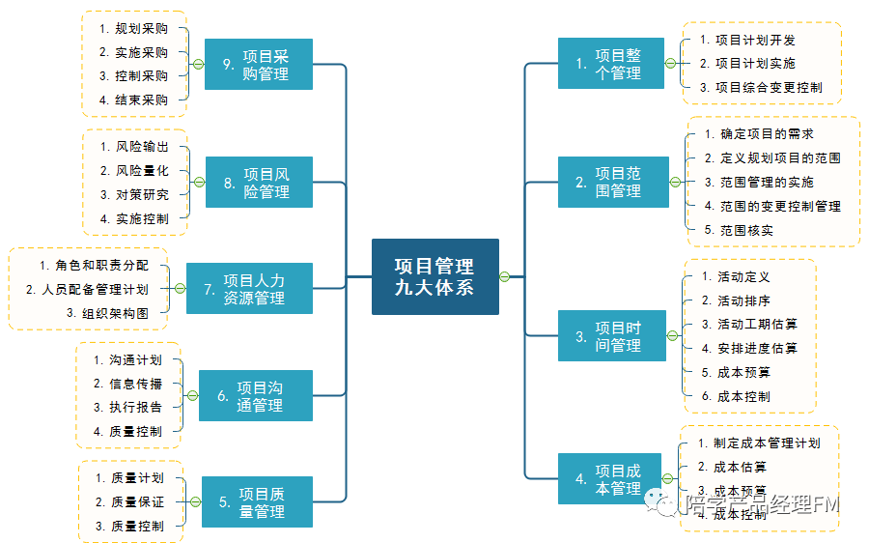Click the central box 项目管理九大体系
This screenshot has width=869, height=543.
(434, 276)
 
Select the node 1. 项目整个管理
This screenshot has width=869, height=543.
(610, 64)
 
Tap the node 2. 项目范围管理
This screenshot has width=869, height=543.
(610, 182)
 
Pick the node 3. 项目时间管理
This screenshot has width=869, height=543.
(610, 336)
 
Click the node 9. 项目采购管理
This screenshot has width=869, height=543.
(258, 64)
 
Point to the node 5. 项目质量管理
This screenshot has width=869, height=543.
(257, 502)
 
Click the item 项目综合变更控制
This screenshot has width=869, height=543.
(768, 87)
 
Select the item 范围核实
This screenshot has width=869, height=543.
(745, 230)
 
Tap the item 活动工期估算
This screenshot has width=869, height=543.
(756, 325)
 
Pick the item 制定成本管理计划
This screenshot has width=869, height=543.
(766, 443)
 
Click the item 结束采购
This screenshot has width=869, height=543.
(141, 100)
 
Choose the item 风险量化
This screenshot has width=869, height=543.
(142, 171)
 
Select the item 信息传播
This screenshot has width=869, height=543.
(135, 384)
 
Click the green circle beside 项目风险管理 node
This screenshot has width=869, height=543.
(198, 182)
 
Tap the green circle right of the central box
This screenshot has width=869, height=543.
(505, 277)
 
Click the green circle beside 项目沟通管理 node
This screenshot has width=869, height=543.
(191, 396)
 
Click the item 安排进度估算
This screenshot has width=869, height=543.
(756, 349)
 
